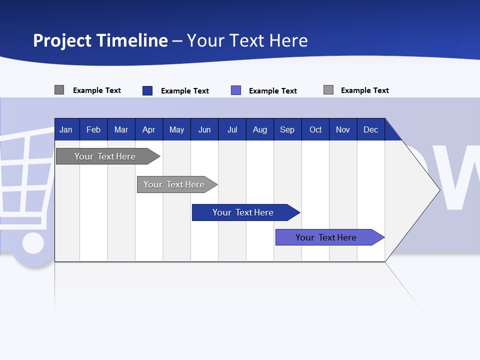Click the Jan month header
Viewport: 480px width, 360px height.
[66, 129]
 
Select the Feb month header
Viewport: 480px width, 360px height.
[93, 129]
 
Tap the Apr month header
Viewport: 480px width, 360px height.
[149, 129]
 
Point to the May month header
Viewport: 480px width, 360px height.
[176, 129]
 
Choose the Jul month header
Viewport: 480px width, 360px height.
[232, 129]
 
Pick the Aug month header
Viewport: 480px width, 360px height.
[260, 129]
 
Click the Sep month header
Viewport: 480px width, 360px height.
[287, 129]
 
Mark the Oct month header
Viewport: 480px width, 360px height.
[315, 129]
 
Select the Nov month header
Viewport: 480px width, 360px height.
[343, 129]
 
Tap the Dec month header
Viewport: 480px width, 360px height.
[370, 129]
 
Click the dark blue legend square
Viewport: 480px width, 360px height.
[147, 90]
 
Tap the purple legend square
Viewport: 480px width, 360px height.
[236, 90]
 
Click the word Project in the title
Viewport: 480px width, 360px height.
[62, 40]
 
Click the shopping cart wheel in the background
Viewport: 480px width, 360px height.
[33, 243]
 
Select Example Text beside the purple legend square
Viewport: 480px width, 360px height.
[273, 91]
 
